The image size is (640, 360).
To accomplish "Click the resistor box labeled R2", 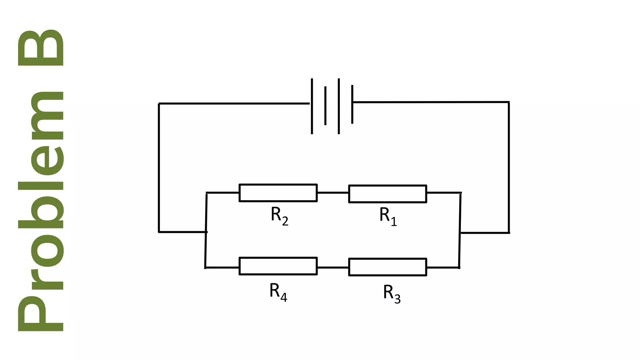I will tap(278, 193).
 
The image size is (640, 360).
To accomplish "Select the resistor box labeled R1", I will tap(387, 194).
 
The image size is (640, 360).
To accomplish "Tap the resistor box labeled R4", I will tap(278, 266).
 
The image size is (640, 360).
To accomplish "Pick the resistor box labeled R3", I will tap(387, 267).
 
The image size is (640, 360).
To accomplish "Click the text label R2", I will tap(279, 216).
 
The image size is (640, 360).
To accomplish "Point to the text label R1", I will tap(388, 216).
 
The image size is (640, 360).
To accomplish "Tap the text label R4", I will tap(278, 292).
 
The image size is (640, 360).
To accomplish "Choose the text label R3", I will tap(392, 293).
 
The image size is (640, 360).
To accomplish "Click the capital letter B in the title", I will tap(41, 47).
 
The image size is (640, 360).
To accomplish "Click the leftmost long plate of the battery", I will tap(312, 106).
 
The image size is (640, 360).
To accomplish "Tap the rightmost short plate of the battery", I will tap(352, 104).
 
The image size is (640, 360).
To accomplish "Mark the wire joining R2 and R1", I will tap(333, 193).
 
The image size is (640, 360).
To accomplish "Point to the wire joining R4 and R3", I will tap(333, 267).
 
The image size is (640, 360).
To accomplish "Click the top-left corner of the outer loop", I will tap(159, 103).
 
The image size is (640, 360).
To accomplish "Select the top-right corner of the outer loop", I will tap(509, 102).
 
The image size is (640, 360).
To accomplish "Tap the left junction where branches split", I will tap(206, 232).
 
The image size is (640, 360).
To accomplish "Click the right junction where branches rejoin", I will tap(460, 232).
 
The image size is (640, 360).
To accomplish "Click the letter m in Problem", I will tap(47, 116).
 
